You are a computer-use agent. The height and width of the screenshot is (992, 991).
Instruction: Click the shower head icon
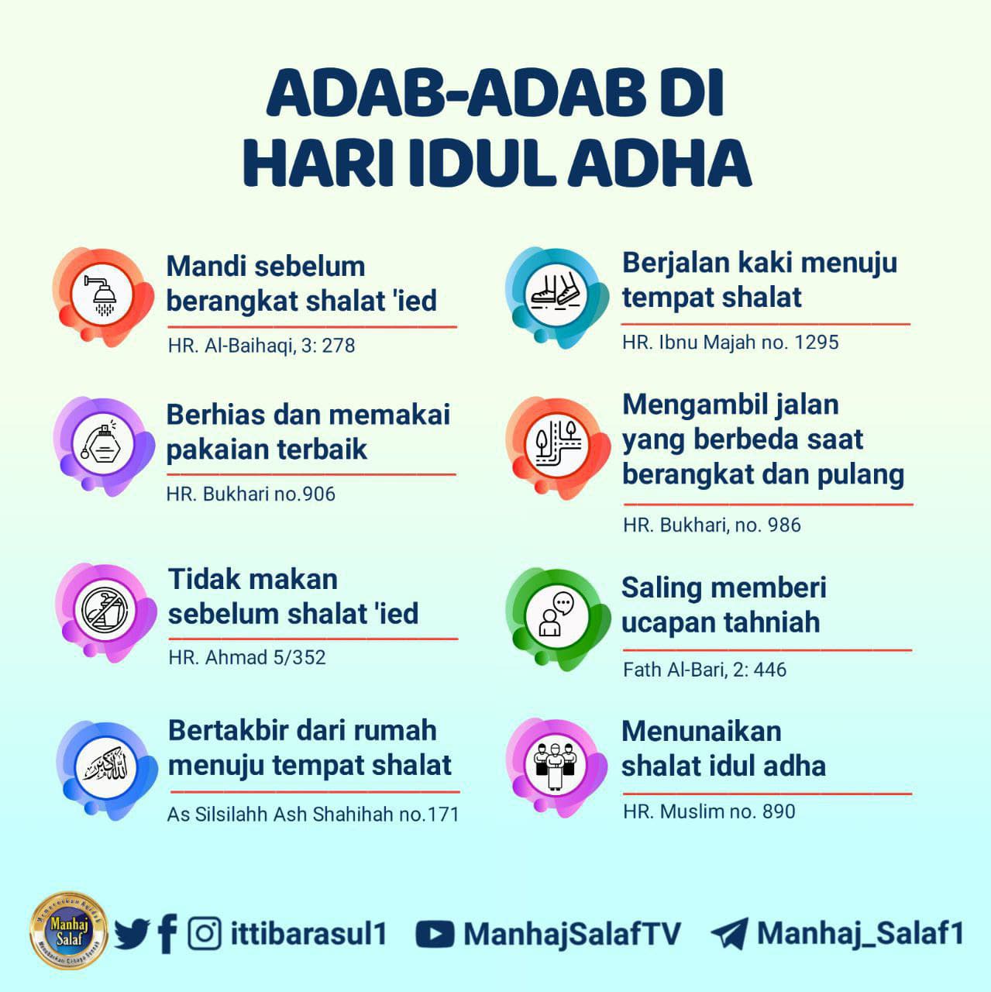point(102,295)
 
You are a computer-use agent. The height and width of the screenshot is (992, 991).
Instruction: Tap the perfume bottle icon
point(102,443)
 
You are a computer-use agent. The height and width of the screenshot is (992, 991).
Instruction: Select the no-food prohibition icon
point(105,610)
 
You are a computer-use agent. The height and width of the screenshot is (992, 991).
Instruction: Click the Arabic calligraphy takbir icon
point(105,767)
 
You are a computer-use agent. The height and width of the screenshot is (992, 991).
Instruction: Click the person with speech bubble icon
point(556,615)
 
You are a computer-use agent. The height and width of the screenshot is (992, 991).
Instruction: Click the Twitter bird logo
point(132,933)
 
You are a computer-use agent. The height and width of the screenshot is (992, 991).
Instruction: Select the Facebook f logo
point(168,933)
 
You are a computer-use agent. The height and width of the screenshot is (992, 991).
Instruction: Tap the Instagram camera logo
point(205,933)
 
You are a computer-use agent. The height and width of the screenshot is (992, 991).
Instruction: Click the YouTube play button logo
point(435,934)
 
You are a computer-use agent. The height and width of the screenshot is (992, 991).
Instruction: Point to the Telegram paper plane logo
point(730,933)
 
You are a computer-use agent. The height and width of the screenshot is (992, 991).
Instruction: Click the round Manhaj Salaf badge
point(68,931)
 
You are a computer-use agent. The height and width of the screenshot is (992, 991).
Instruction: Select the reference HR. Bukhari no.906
point(251,494)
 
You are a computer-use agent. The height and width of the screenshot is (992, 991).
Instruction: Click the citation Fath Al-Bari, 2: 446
point(705,670)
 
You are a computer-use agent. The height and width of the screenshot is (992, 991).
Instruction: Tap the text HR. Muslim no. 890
point(709,812)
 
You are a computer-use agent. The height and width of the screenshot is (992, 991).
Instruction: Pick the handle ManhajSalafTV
point(572,934)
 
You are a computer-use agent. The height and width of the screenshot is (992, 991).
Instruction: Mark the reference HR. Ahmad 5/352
point(247,657)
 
